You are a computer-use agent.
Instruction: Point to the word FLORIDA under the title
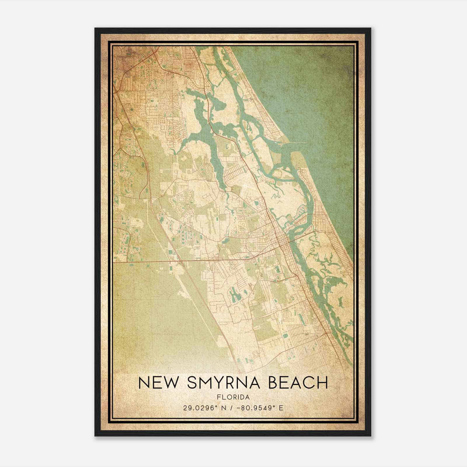coord(233,397)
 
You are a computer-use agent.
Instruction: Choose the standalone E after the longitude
coord(281,408)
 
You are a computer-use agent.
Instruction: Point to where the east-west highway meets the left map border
coord(114,262)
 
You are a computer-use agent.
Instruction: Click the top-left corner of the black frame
coord(95,28)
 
